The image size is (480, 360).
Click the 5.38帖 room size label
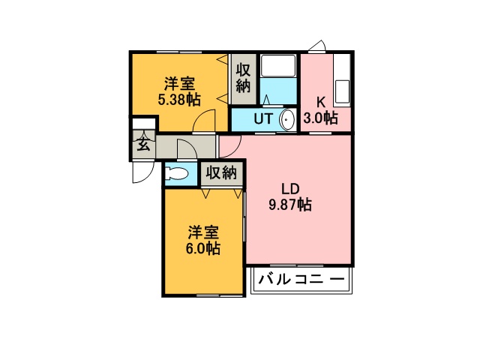pyautogui.click(x=179, y=100)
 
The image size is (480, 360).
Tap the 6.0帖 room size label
pyautogui.click(x=202, y=248)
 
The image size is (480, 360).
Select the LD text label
pyautogui.click(x=290, y=189)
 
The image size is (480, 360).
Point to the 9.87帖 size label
pyautogui.click(x=290, y=204)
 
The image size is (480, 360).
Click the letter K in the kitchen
pyautogui.click(x=320, y=102)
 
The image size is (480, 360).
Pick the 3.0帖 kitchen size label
pyautogui.click(x=320, y=117)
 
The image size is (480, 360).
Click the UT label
pyautogui.click(x=263, y=118)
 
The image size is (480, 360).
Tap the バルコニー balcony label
pyautogui.click(x=301, y=279)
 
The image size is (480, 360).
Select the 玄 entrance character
pyautogui.click(x=143, y=144)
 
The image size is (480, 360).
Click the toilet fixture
pyautogui.click(x=176, y=174)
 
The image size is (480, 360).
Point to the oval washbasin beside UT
pyautogui.click(x=286, y=120)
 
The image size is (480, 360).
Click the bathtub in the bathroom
pyautogui.click(x=278, y=66)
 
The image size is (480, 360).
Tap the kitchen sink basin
pyautogui.click(x=343, y=91)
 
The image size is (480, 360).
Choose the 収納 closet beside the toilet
pyautogui.click(x=221, y=173)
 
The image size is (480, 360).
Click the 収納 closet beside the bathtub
pyautogui.click(x=243, y=78)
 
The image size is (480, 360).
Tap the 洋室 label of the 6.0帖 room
pyautogui.click(x=202, y=233)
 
